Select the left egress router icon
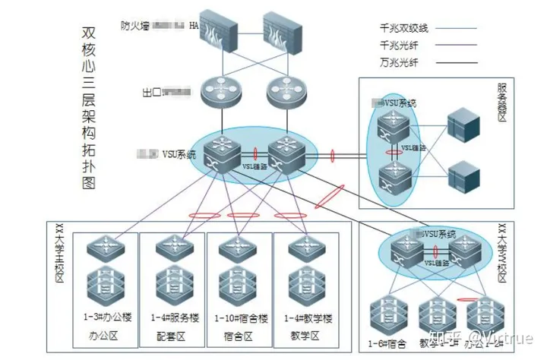pos(220,92)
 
